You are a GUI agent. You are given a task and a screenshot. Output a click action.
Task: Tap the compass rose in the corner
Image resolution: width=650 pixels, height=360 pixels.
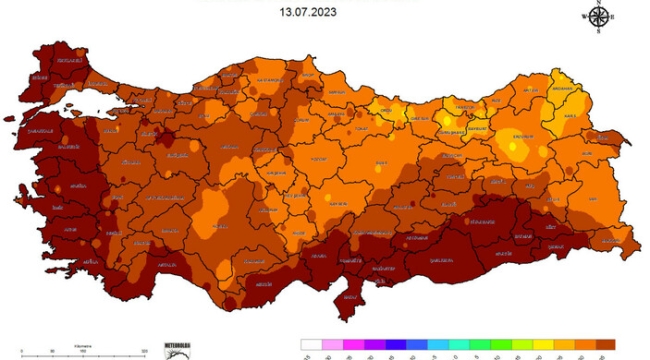point(598,17)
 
